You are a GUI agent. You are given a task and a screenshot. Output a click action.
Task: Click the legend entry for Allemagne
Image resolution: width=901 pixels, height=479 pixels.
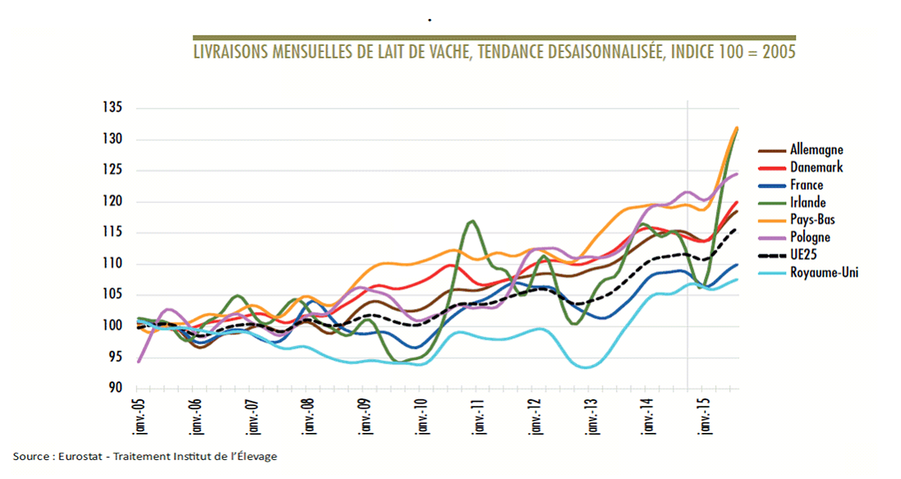[x=816, y=150]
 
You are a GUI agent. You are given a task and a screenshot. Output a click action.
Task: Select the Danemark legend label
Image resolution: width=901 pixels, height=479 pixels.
[x=816, y=168]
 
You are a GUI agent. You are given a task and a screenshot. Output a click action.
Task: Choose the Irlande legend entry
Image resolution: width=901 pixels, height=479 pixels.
[x=807, y=203]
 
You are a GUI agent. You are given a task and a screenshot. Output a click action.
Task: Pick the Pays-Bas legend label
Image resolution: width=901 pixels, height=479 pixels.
[x=811, y=220]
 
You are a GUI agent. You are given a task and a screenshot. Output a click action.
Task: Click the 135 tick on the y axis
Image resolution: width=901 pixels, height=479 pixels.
[x=113, y=108]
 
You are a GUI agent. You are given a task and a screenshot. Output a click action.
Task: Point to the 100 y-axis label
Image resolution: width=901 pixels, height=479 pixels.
[x=113, y=326]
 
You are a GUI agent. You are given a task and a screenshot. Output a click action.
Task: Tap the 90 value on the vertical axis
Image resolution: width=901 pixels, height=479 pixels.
[x=116, y=389]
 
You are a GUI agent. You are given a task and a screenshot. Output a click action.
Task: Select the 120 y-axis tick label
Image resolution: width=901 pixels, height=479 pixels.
[x=113, y=202]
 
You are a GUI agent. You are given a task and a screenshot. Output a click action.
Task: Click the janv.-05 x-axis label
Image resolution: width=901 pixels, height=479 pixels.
[x=137, y=415]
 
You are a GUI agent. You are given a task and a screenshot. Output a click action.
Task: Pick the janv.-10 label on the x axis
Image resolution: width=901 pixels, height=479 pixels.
[x=421, y=415]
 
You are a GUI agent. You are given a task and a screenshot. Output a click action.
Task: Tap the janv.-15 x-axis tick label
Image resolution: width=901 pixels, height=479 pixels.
[x=704, y=415]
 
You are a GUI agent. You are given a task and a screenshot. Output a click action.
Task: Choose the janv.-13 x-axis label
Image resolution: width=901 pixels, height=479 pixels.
[x=591, y=415]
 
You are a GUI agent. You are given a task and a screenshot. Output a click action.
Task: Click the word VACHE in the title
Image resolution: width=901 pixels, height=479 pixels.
[x=435, y=52]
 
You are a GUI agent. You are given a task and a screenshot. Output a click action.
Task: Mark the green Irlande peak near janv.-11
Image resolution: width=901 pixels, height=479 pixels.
[x=472, y=221]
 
